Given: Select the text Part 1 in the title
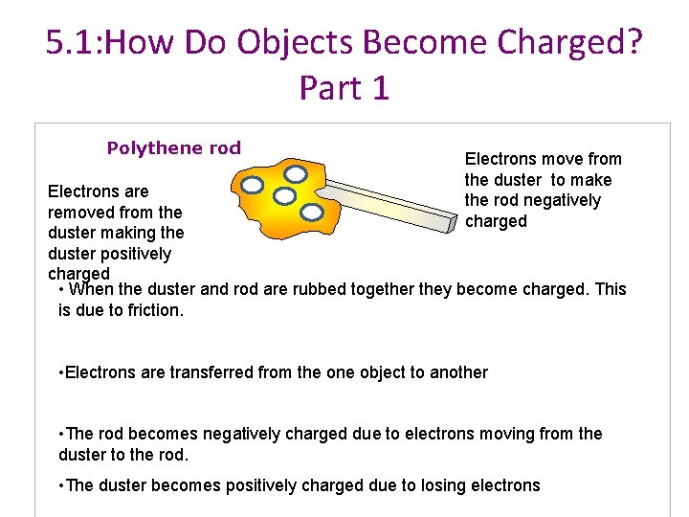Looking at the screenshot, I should click(x=344, y=87).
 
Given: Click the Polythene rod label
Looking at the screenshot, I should click(x=174, y=148).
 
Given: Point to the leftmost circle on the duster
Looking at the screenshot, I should click(x=253, y=185).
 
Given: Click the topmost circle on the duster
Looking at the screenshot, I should click(x=297, y=174).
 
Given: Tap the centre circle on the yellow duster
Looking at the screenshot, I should click(x=284, y=196).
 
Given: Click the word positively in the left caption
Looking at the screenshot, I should click(x=133, y=254).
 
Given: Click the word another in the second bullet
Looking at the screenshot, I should click(x=456, y=372).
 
